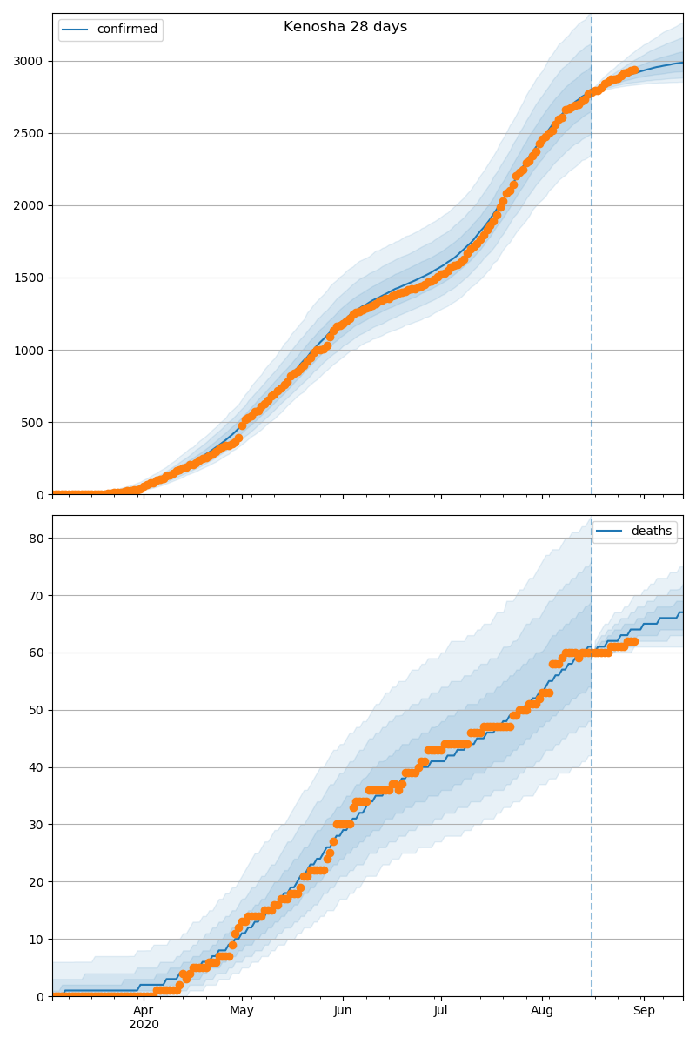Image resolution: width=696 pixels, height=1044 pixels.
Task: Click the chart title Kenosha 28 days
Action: click(345, 27)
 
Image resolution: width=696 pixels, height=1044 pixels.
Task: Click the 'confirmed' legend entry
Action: click(127, 30)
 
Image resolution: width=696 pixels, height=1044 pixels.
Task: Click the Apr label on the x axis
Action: click(144, 1011)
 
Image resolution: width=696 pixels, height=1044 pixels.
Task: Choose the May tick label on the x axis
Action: click(242, 1011)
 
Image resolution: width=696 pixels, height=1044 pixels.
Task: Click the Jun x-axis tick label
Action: click(343, 1011)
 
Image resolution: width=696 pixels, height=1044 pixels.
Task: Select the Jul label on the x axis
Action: click(441, 1011)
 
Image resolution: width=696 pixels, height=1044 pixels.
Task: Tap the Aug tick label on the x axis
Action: click(542, 1011)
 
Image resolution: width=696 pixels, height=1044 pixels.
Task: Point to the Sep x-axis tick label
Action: click(644, 1011)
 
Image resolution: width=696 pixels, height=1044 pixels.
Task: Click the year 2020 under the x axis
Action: click(144, 1025)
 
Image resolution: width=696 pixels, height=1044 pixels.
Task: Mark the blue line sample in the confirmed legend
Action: click(76, 30)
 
